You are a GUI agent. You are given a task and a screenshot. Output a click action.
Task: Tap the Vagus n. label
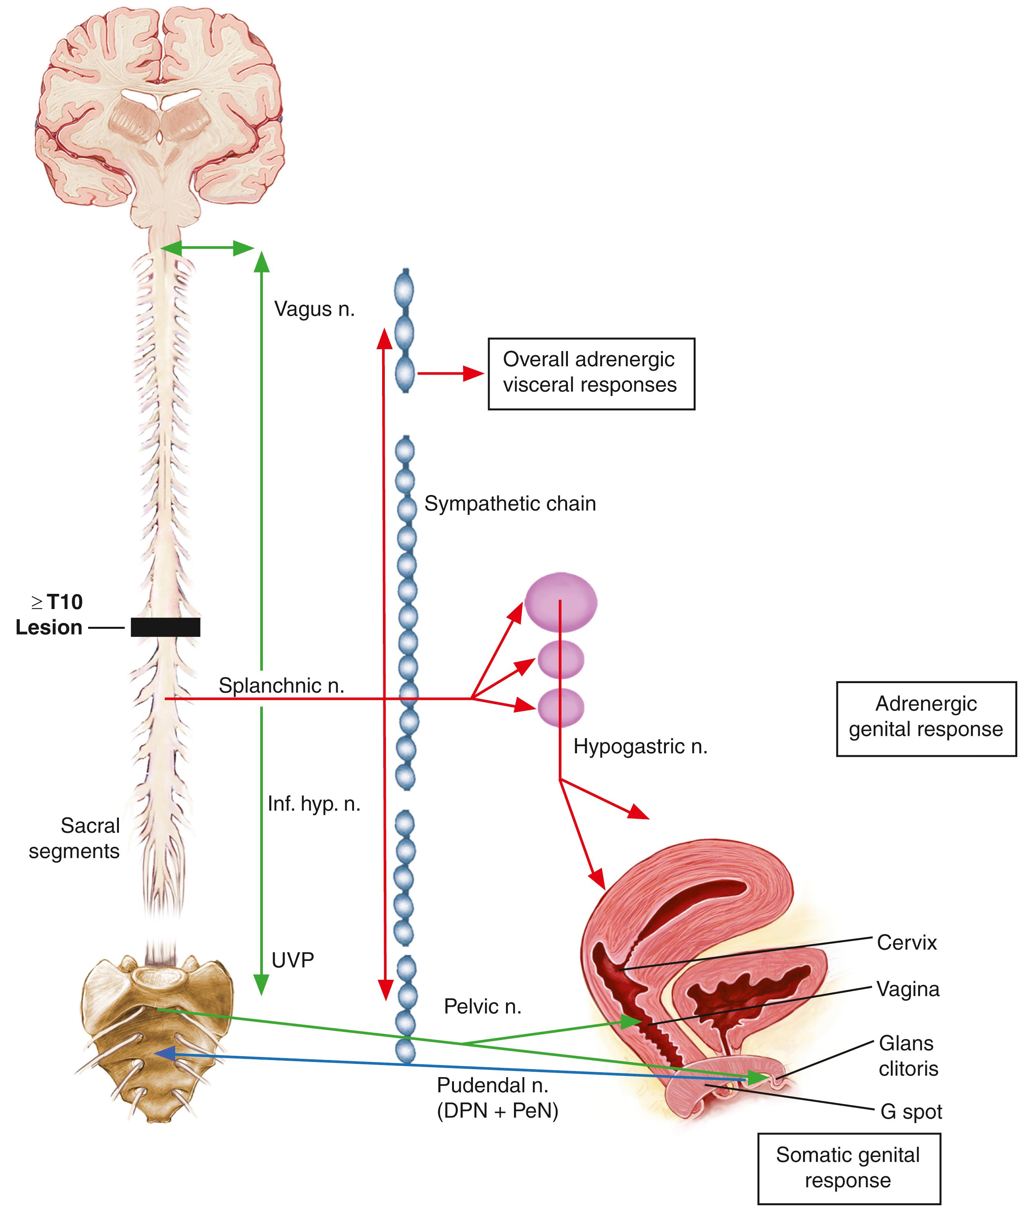tap(314, 309)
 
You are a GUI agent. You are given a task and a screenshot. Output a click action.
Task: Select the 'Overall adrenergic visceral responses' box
tap(591, 373)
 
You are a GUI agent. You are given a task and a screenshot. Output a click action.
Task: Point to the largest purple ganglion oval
tap(560, 602)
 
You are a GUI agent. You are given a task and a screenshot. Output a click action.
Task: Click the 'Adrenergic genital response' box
tap(926, 718)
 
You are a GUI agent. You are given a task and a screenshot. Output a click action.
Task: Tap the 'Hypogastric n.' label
tap(640, 746)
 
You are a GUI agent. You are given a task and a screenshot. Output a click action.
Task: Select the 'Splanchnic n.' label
tap(281, 685)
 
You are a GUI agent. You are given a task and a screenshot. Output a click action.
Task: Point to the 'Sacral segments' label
tap(75, 838)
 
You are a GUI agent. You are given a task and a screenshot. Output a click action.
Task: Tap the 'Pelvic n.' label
tap(482, 1006)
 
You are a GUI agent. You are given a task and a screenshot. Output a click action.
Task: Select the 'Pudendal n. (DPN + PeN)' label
tap(497, 1097)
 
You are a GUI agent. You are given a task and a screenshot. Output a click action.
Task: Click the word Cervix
tap(906, 942)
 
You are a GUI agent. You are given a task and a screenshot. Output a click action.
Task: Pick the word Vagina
tap(908, 989)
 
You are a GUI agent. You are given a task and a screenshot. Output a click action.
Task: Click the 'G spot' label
tap(911, 1111)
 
